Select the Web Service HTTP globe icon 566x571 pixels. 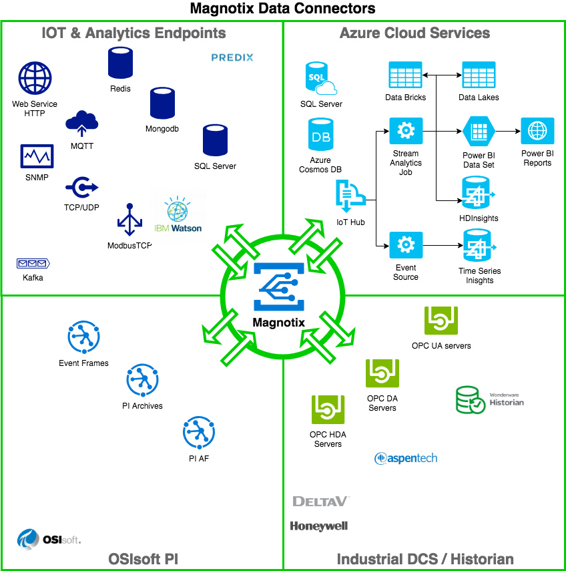[x=35, y=79]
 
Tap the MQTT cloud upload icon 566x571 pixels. [x=82, y=123]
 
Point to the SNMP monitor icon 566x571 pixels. [x=37, y=157]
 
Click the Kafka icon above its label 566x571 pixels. [x=33, y=264]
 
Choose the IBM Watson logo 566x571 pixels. [x=178, y=215]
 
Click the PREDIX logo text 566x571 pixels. [x=232, y=57]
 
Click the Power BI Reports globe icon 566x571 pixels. [x=537, y=131]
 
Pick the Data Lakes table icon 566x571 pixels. [x=479, y=75]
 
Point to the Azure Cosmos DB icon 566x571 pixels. [x=320, y=136]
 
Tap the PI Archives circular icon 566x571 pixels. [x=142, y=381]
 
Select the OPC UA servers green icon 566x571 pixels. [x=441, y=321]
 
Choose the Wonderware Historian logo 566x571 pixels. [x=489, y=399]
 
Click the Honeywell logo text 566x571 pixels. [x=319, y=526]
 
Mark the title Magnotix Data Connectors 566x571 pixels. [x=283, y=9]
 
